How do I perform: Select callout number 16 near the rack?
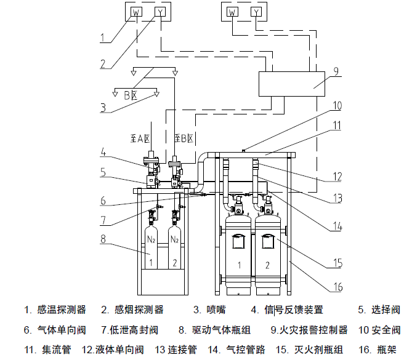coord(337,287)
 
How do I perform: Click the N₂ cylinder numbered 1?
coord(150,243)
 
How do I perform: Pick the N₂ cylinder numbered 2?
coord(174,243)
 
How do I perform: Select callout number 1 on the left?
coord(104,38)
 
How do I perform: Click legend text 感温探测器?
coord(62,310)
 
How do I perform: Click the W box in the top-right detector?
coord(232,12)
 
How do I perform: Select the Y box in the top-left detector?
coord(160,12)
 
